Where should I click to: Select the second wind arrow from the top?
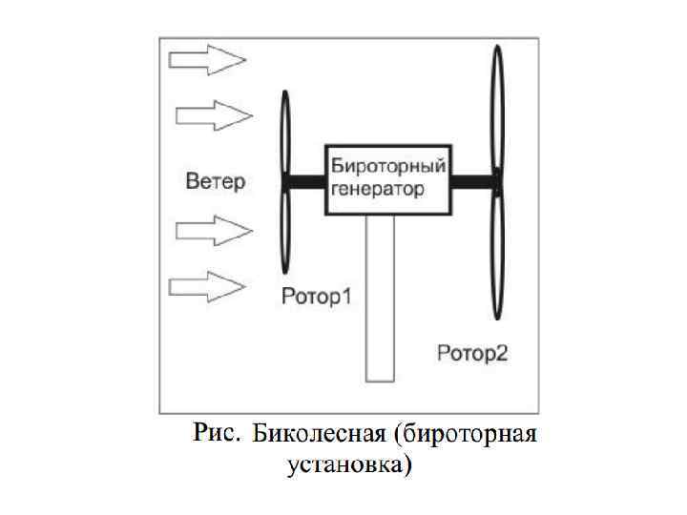pos(214,116)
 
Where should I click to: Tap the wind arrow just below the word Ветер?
pos(214,230)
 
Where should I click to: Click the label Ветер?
pos(216,181)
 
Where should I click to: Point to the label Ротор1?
pos(317,297)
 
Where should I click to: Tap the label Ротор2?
pos(472,354)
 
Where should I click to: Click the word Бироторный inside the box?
pos(387,168)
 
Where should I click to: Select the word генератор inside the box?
pos(377,189)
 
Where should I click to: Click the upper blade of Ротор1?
pos(286,134)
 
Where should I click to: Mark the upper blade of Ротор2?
pos(496,110)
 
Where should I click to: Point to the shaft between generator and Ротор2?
pos(471,180)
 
